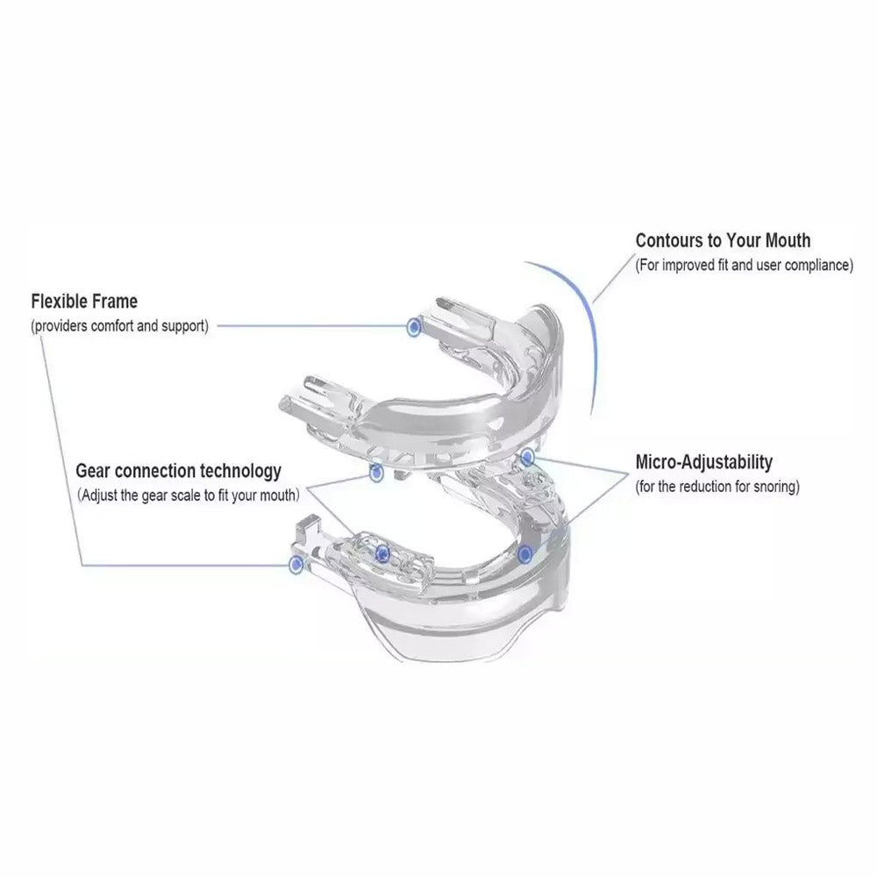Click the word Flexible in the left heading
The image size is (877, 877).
[x=60, y=302]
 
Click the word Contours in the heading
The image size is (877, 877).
[x=670, y=240]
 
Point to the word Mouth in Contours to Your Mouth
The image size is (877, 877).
[x=788, y=240]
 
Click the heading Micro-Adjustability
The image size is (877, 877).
[x=703, y=462]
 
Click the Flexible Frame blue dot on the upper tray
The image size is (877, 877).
[x=414, y=326]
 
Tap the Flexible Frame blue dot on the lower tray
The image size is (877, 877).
[x=296, y=565]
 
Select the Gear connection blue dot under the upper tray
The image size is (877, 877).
[x=376, y=473]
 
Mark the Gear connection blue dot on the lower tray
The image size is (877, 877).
[x=382, y=553]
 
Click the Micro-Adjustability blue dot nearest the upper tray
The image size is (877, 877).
[x=527, y=458]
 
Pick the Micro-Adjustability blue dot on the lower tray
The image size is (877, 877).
[x=524, y=555]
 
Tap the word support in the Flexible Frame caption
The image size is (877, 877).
[x=184, y=326]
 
